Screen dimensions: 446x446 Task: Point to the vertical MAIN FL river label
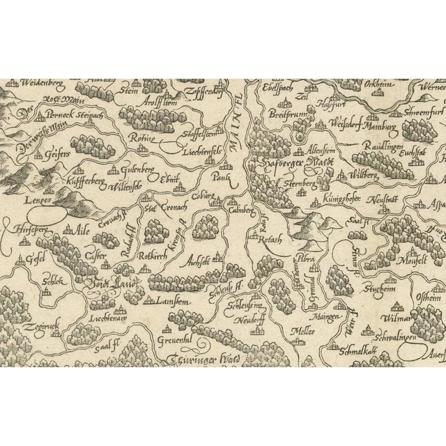pos(241,125)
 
